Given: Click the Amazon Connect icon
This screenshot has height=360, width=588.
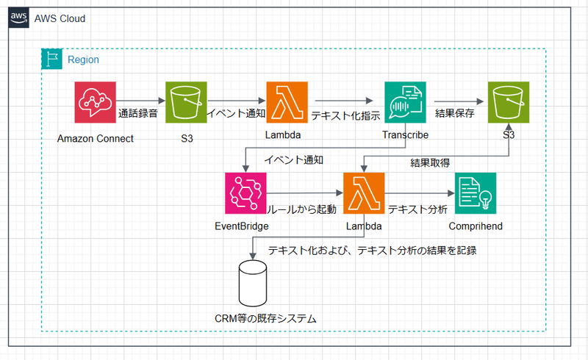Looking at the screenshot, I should click(96, 102).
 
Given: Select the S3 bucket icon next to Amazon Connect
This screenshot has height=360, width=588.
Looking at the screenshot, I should click(186, 102).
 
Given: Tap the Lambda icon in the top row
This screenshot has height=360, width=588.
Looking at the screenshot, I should click(287, 102).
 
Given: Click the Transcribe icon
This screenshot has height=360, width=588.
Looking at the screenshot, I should click(405, 102).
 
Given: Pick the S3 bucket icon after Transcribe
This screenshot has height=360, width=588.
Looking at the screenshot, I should click(509, 102).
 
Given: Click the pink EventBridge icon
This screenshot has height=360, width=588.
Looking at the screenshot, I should click(245, 193).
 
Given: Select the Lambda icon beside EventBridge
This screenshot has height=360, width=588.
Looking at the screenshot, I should click(365, 193).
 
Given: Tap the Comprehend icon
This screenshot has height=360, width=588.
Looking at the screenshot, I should click(476, 193).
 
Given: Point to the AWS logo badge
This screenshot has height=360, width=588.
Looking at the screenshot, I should click(19, 18).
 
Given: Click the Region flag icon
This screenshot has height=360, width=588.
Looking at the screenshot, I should click(51, 60).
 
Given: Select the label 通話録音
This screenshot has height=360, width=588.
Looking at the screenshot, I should click(139, 114).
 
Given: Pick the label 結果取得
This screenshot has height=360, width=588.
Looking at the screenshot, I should click(430, 162).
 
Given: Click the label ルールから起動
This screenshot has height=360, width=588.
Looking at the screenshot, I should click(301, 209).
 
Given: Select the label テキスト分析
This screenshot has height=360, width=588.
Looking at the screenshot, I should click(417, 209).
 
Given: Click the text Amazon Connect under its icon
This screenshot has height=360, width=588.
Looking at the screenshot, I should click(96, 139).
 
